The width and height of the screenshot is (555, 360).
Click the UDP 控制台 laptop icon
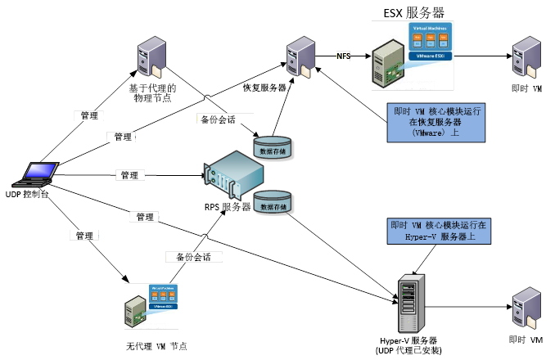coord(38,174)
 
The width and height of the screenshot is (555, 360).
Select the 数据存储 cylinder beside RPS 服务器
coord(273,202)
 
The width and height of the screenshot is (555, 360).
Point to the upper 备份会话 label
coord(218,119)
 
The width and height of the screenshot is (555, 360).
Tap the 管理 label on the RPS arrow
coord(129,175)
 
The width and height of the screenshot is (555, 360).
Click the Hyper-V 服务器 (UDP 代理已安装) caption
coord(411,344)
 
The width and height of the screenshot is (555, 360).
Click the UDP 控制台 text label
coord(28,194)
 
